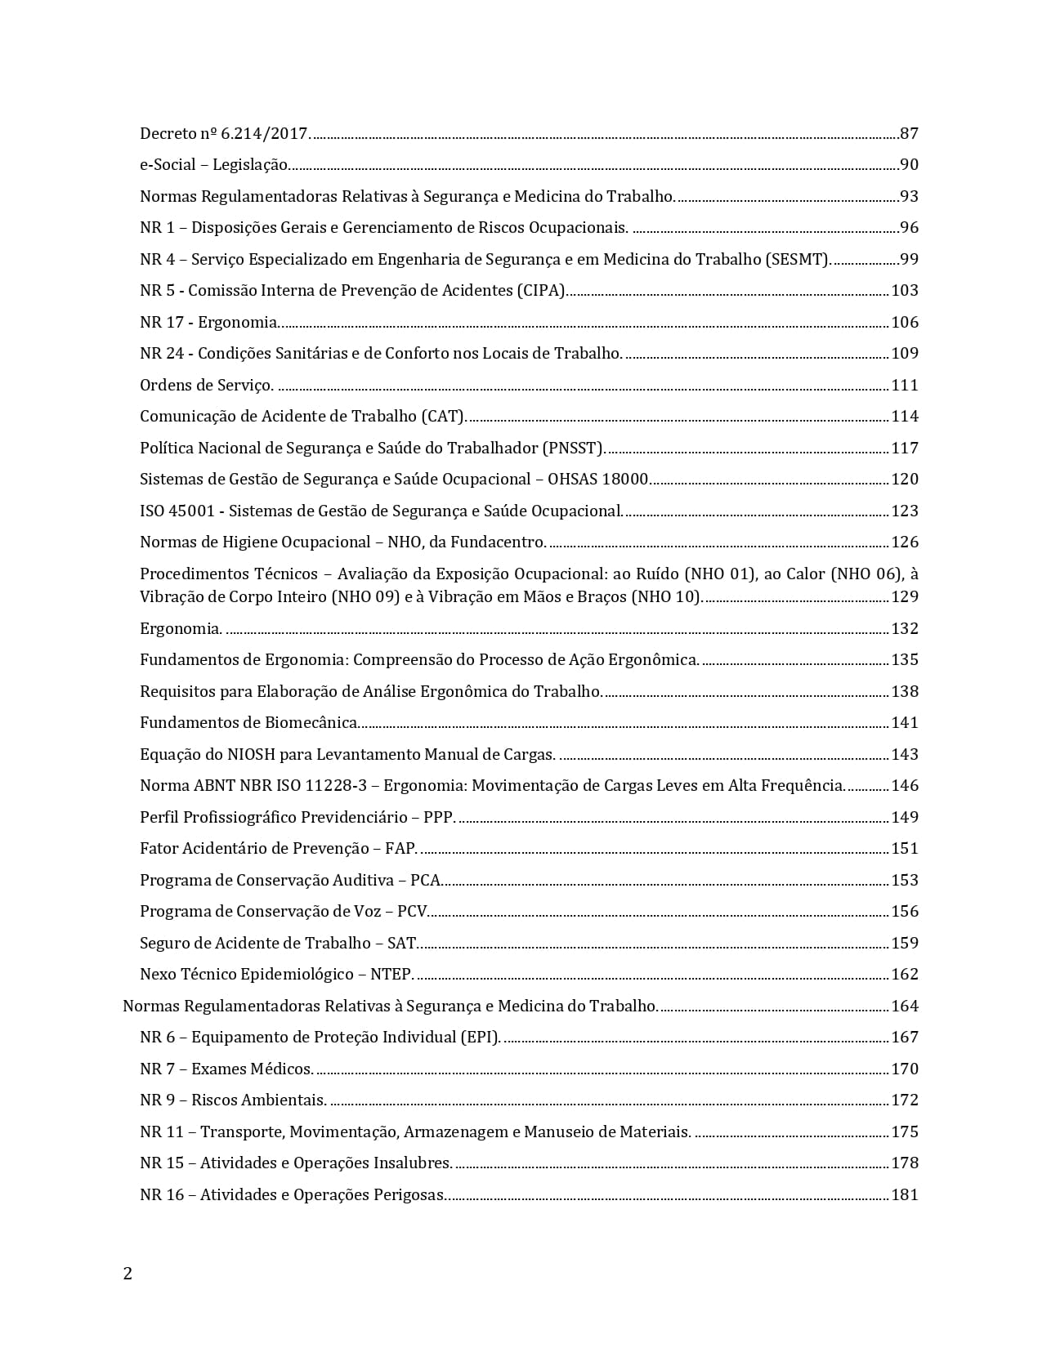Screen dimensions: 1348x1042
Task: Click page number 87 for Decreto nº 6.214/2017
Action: (909, 133)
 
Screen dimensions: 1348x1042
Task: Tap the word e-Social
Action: (168, 164)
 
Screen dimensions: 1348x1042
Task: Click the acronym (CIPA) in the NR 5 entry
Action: (540, 290)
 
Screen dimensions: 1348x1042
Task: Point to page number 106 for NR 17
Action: (905, 322)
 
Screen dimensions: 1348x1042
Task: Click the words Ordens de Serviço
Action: (205, 385)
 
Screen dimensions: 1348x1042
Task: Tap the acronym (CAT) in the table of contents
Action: (443, 416)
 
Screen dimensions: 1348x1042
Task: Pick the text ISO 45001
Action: (177, 511)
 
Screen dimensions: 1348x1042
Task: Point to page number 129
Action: (905, 596)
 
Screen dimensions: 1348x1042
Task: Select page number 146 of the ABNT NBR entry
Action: (905, 785)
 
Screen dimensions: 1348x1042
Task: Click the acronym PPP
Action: (438, 817)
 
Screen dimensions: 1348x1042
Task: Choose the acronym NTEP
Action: (391, 974)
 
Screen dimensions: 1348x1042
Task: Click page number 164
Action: (905, 1006)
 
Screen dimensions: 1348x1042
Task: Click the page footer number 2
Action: (127, 1274)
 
